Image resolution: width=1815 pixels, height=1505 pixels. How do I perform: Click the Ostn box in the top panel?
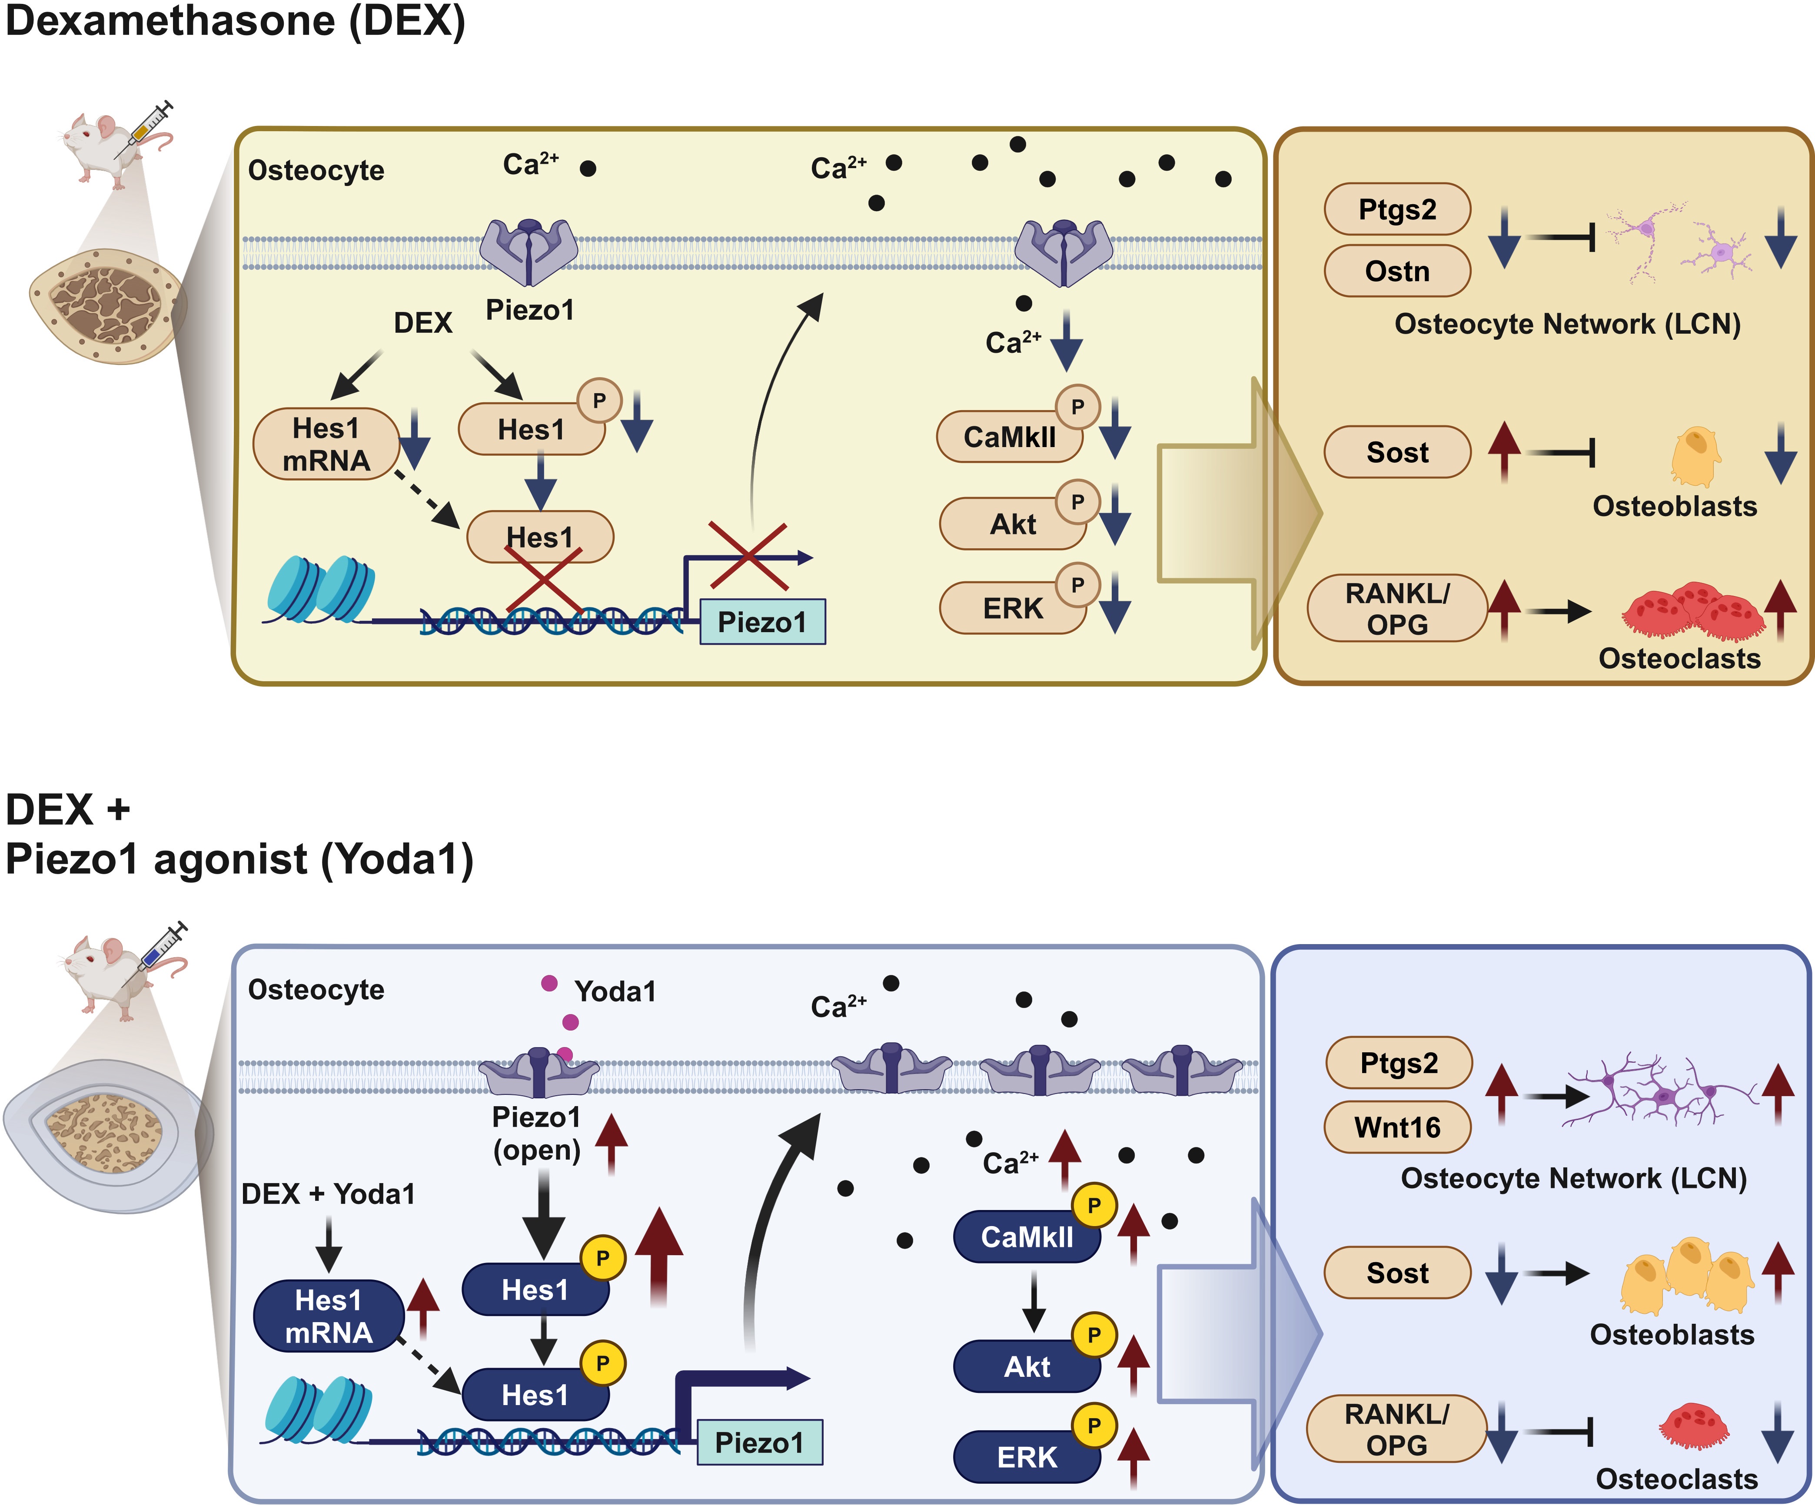coord(1397,271)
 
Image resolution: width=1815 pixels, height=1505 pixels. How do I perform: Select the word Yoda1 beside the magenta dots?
coord(615,991)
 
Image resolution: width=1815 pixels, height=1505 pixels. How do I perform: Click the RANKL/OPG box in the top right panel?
coord(1397,608)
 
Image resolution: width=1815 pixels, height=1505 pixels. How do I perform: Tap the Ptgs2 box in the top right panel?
coord(1397,209)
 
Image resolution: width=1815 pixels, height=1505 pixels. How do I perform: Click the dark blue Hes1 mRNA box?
coord(329,1316)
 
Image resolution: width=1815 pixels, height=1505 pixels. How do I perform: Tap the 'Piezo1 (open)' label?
coord(536,1133)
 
